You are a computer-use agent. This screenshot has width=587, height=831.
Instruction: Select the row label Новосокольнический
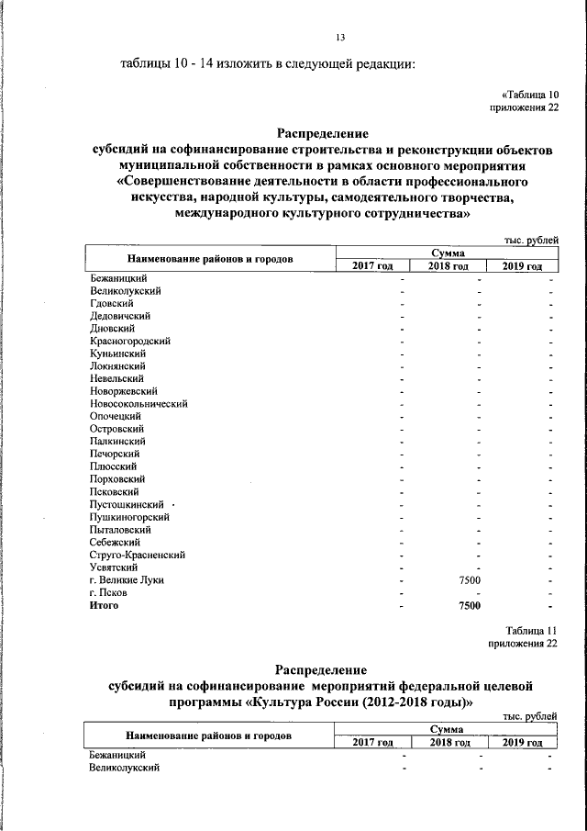click(138, 403)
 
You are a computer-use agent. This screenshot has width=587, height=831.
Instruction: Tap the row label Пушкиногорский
click(128, 517)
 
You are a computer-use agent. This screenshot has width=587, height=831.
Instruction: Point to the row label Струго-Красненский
click(138, 555)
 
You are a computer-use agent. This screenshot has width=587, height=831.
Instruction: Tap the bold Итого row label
click(104, 606)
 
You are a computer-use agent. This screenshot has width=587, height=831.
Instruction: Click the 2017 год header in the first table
click(372, 266)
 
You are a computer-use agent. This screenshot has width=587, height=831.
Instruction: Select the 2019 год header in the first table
click(522, 266)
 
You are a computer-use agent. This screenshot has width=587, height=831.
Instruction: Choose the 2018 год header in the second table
click(449, 742)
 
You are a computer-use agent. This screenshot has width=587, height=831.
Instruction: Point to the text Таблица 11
click(531, 629)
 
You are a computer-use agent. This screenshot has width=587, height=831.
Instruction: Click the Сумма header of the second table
click(449, 728)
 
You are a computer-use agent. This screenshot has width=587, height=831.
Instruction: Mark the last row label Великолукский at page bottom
click(126, 768)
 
